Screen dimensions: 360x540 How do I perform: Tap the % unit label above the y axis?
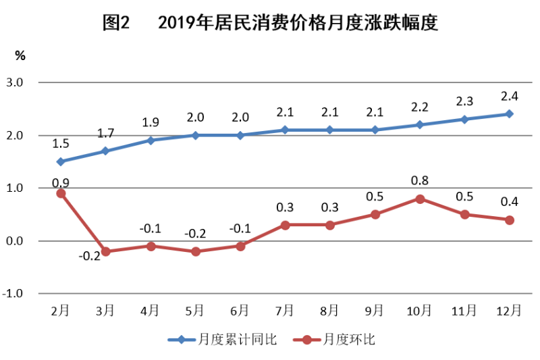(x=21, y=56)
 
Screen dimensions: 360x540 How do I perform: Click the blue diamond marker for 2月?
(x=61, y=161)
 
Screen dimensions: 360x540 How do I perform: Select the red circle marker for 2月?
(x=61, y=193)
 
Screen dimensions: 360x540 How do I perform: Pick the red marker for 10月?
(x=419, y=199)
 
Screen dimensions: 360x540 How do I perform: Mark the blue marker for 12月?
(x=509, y=113)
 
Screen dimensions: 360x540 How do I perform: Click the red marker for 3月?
(x=105, y=251)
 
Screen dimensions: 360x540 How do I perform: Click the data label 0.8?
(x=419, y=180)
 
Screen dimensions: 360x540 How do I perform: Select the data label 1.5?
(x=61, y=144)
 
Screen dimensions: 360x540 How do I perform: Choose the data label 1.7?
(x=105, y=133)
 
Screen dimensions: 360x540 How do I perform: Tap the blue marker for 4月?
(x=151, y=140)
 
